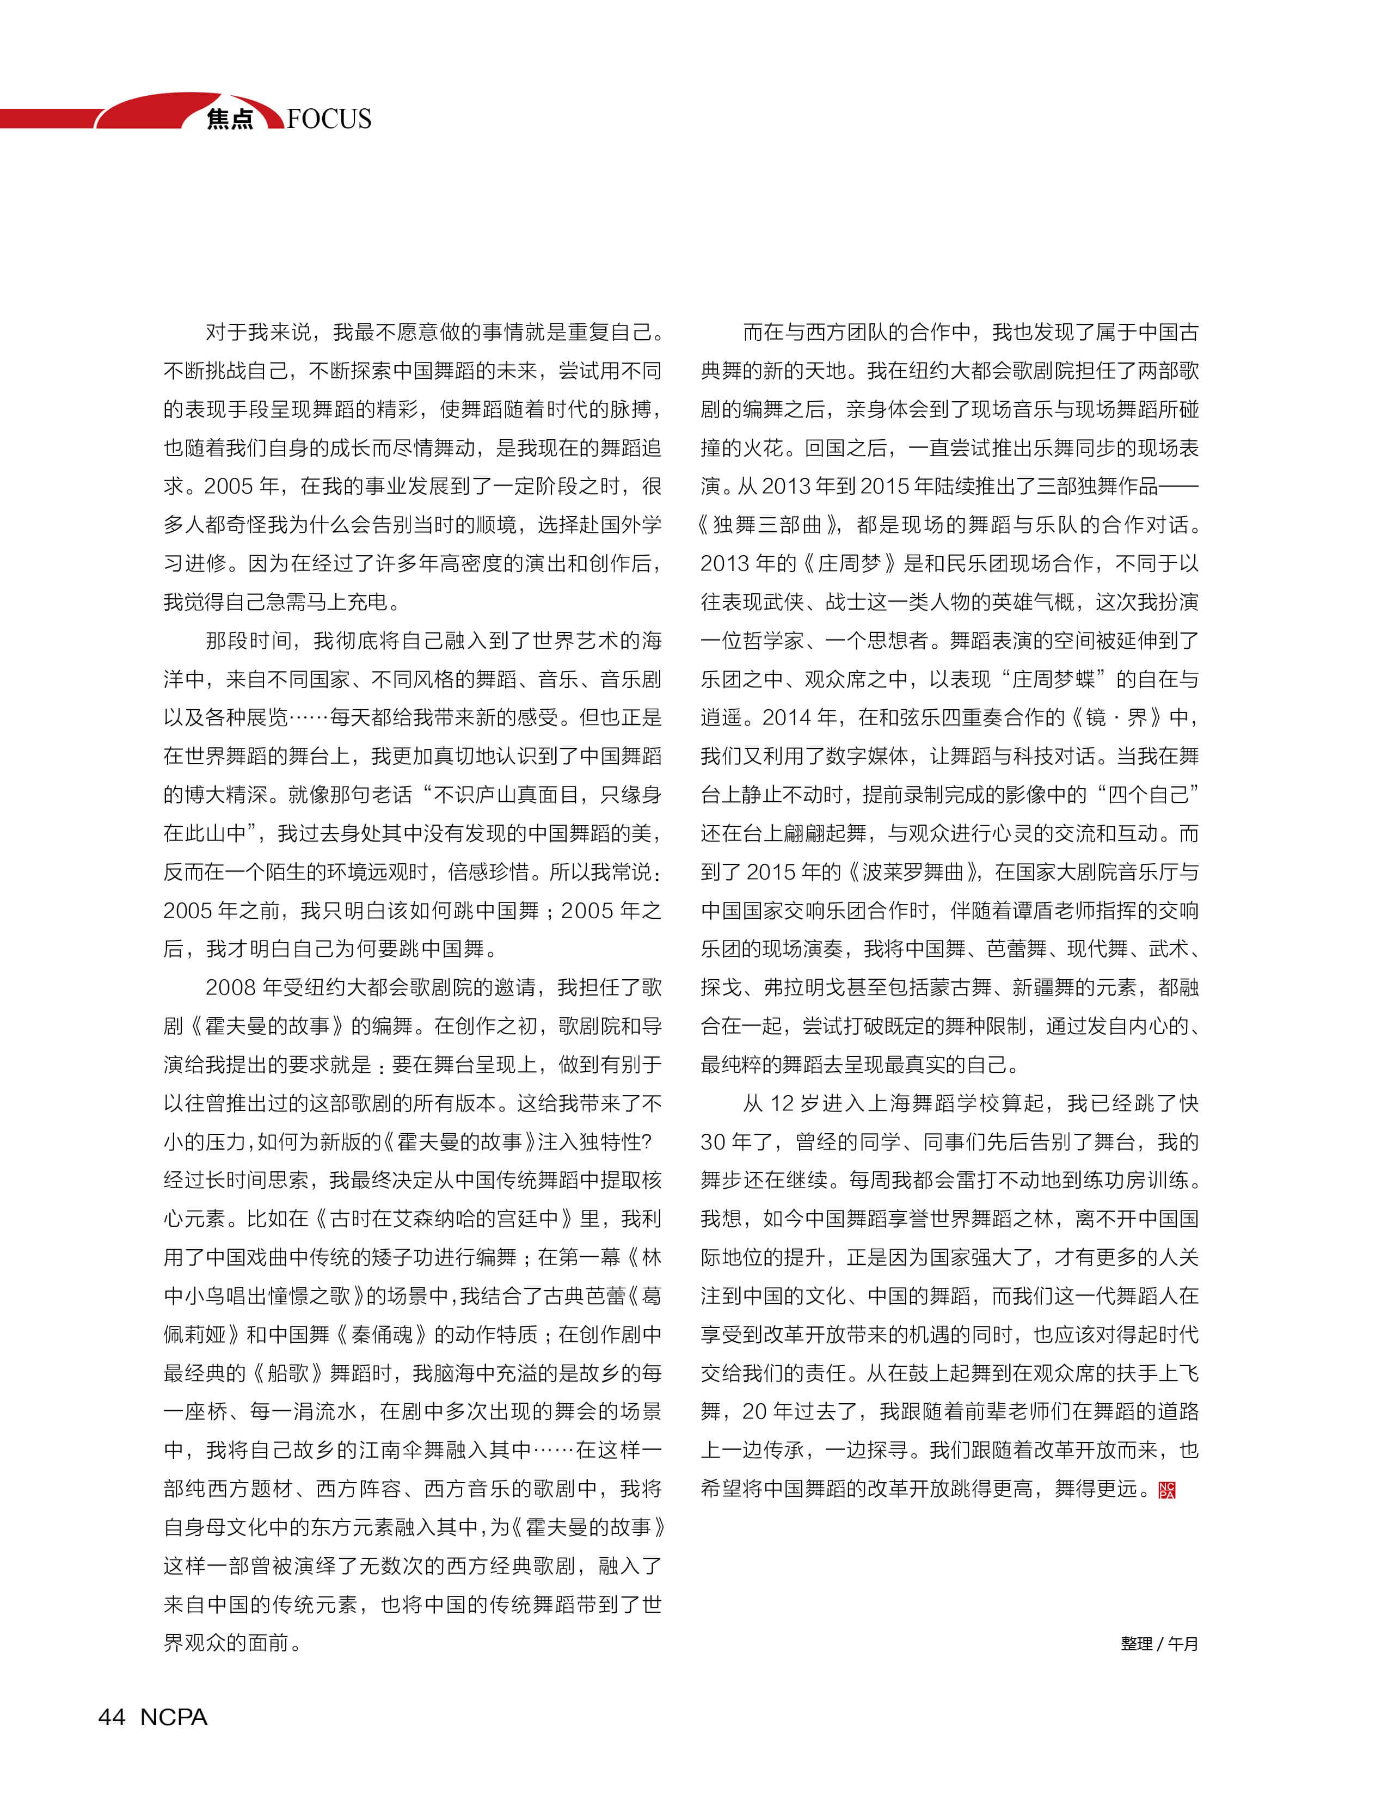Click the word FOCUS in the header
click(329, 119)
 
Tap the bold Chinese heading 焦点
click(230, 119)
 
